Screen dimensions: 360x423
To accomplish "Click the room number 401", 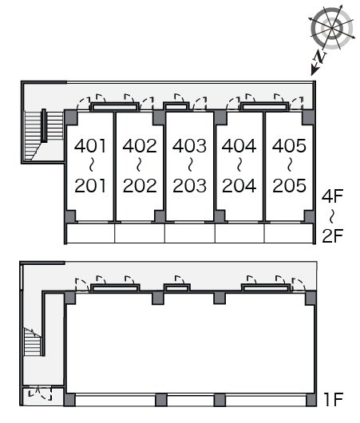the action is [90, 146].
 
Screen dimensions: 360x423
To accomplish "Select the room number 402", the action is [140, 146].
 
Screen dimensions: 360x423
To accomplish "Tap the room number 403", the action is [189, 146].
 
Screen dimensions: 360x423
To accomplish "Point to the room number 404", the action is [239, 146].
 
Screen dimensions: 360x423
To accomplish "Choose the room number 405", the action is [289, 146].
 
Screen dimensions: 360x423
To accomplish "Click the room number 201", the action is [90, 186].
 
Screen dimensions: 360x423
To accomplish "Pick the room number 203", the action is [189, 186].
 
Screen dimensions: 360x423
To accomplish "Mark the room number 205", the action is [289, 186].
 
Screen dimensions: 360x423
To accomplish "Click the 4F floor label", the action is [332, 196].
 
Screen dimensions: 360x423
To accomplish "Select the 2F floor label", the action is [333, 235].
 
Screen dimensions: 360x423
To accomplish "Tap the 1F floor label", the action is [334, 400].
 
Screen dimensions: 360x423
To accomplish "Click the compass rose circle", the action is [332, 28].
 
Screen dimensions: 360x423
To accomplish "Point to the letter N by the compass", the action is [320, 57].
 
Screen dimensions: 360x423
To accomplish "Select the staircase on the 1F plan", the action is [33, 342].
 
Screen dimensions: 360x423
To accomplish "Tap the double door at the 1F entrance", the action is [40, 393].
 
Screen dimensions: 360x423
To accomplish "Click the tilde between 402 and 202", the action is [139, 165].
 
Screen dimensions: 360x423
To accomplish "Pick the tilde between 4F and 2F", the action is [332, 215].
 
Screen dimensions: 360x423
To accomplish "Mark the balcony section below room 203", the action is [190, 233].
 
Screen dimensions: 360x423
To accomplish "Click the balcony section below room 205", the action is [289, 233].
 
